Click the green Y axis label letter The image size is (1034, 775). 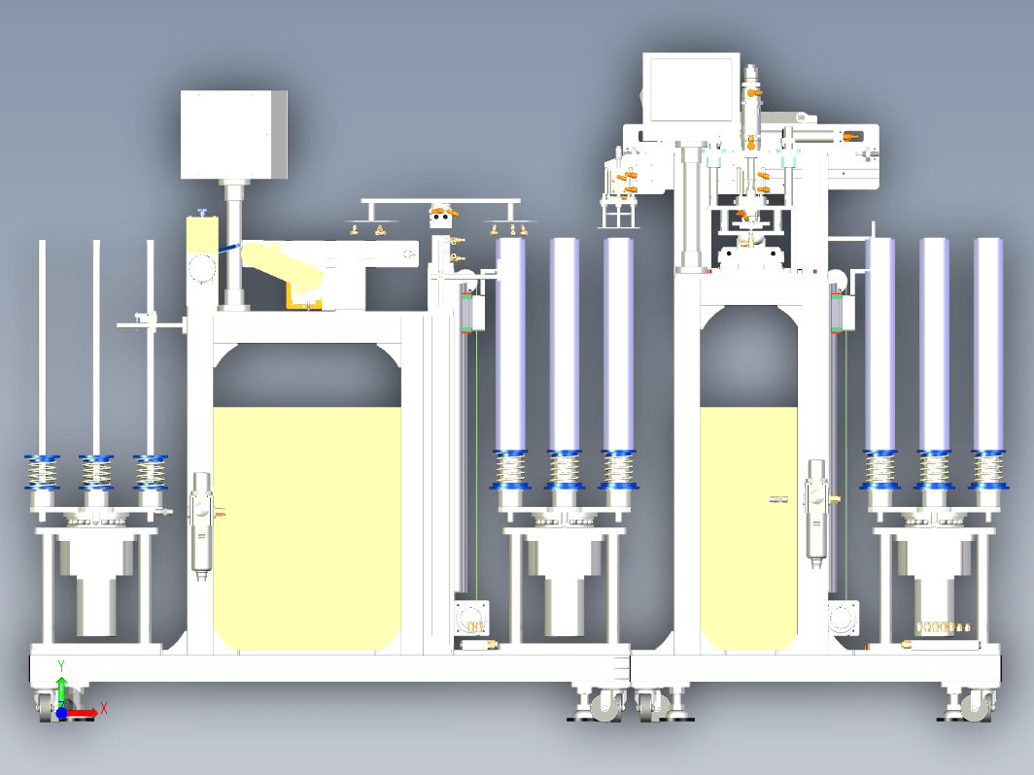(x=61, y=666)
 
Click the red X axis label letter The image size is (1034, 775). (x=104, y=709)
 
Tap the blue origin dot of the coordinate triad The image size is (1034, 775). (x=62, y=713)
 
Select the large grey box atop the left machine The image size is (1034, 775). (x=233, y=135)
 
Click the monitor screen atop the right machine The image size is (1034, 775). (x=691, y=89)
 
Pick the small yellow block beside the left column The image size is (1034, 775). (x=202, y=235)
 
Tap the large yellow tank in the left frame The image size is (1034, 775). (x=307, y=528)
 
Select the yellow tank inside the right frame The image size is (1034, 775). (x=748, y=528)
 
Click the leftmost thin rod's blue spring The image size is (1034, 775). (x=42, y=473)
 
